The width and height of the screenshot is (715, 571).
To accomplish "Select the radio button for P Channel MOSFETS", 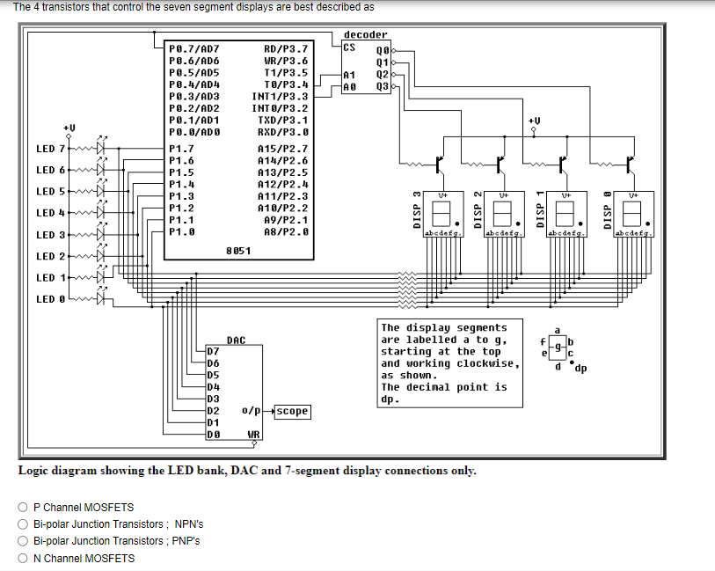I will (23, 508).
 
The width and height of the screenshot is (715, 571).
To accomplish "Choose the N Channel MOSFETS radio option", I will (23, 559).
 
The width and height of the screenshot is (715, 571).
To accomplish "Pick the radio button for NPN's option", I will (23, 524).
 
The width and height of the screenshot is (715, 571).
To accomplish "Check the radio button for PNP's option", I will (23, 541).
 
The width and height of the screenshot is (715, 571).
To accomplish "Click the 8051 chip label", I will (238, 251).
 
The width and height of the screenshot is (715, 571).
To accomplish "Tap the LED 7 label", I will (50, 149).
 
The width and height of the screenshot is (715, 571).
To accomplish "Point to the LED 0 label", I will (50, 299).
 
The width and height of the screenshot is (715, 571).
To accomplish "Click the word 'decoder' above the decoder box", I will (365, 35).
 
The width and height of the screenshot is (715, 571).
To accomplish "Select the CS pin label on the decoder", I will (349, 47).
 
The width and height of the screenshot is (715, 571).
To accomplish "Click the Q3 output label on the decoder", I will (382, 86).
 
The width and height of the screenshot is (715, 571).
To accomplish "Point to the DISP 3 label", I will (418, 212).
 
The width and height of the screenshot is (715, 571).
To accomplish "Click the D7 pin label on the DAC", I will (213, 351).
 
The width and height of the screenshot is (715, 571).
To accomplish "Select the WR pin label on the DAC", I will (253, 435).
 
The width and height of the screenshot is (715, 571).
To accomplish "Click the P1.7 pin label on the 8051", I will (181, 150).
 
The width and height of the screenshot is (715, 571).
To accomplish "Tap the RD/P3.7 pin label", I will (286, 49).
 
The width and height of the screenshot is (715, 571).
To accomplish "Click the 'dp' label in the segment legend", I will (581, 368).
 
